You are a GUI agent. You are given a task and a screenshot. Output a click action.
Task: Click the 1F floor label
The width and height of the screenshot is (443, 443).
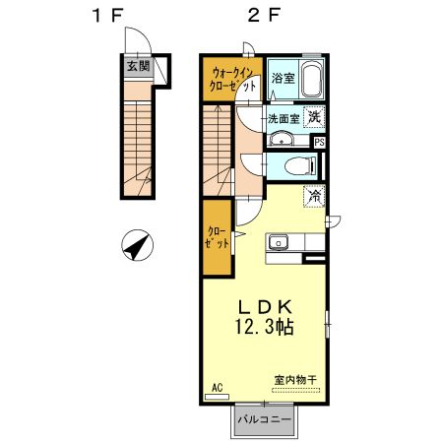point(108,16)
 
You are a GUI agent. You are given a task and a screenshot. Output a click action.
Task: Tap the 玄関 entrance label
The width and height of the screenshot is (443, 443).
point(138,67)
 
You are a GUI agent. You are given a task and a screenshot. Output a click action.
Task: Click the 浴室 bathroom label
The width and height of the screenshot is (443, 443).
point(284,78)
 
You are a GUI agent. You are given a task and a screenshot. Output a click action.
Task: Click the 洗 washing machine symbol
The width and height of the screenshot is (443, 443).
point(314,117)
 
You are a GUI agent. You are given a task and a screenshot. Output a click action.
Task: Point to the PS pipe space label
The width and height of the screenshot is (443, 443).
point(318,141)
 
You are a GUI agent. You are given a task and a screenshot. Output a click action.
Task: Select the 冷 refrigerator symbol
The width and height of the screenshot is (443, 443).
point(315,195)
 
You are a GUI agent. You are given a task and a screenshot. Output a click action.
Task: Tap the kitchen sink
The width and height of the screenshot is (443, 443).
point(278,240)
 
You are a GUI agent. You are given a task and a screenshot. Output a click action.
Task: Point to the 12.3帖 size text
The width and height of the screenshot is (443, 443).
point(263,324)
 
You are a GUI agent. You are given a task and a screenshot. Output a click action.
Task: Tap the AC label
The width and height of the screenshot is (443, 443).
point(219,387)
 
